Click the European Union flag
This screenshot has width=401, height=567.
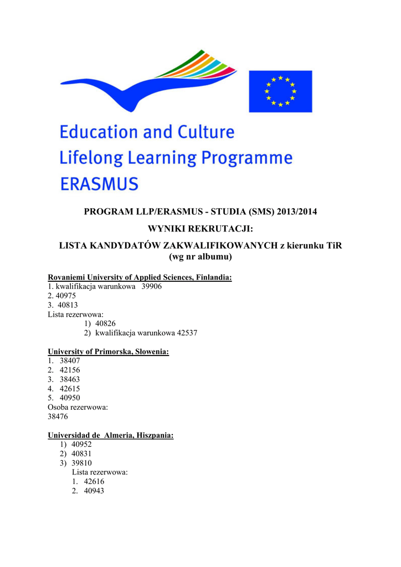(280, 91)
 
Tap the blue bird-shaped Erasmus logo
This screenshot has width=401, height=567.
(148, 80)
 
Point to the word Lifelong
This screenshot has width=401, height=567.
(92, 158)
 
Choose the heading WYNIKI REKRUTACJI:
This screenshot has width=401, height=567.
(200, 229)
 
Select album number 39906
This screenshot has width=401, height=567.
(152, 287)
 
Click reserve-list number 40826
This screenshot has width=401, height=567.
(105, 324)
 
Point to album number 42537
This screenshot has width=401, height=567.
(187, 333)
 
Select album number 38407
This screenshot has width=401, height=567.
(70, 361)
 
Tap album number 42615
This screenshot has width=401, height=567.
(70, 389)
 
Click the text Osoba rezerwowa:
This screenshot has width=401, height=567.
(78, 408)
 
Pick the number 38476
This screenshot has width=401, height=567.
(58, 417)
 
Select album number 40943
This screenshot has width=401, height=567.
(94, 491)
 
